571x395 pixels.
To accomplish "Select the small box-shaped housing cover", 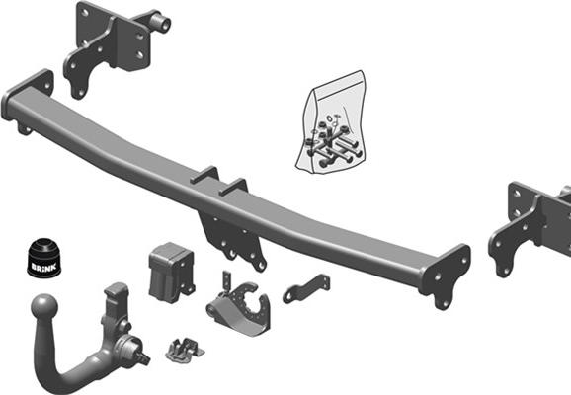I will pyautogui.click(x=170, y=269).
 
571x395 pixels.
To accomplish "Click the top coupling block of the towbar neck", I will pyautogui.click(x=115, y=296).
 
